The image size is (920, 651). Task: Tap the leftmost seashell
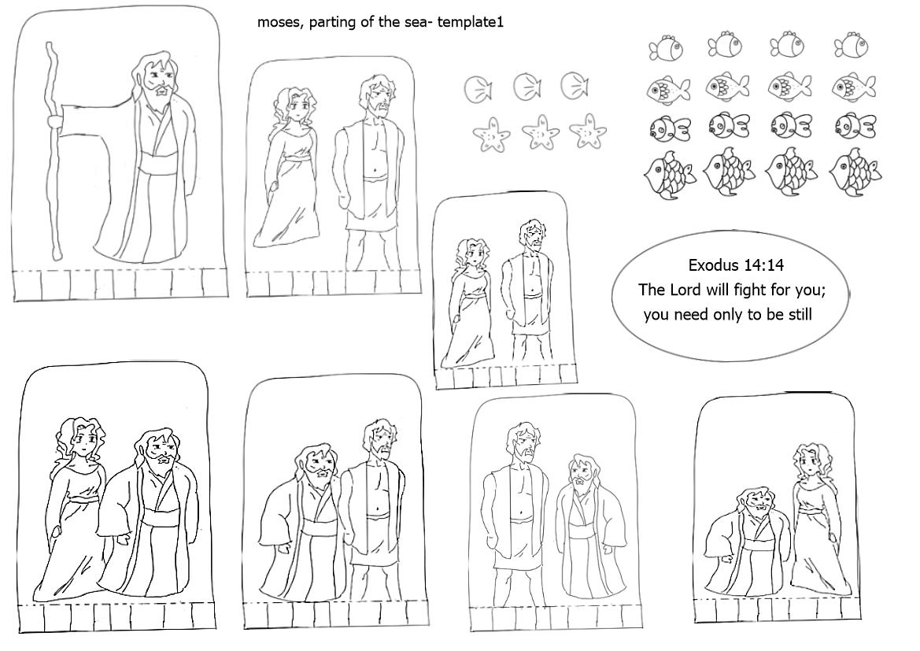click(478, 89)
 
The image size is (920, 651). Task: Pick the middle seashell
click(527, 87)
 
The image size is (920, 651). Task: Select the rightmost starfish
click(587, 131)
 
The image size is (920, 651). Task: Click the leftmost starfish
click(492, 135)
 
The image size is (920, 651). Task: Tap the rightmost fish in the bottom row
click(855, 172)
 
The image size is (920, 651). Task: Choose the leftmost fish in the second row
click(667, 89)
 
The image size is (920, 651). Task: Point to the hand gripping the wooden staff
click(54, 121)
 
